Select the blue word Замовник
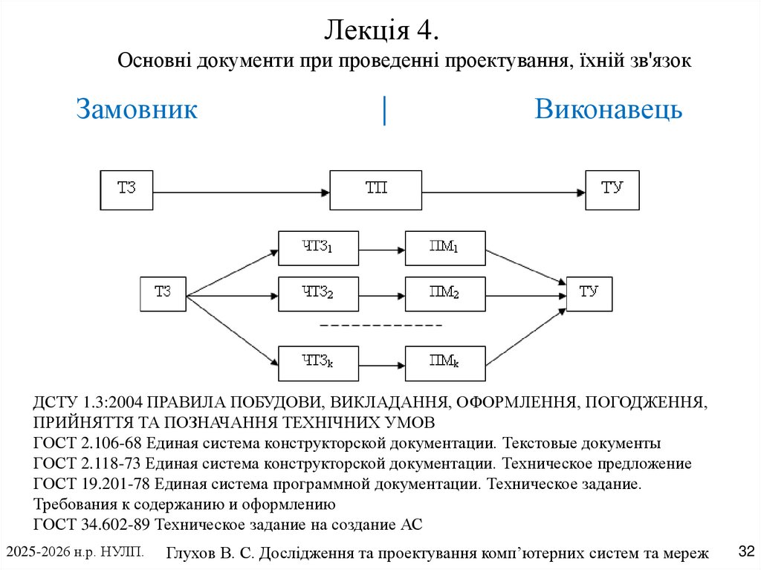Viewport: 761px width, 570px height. pos(137,109)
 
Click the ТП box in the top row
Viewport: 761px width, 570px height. pos(375,190)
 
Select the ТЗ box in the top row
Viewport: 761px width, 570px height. pos(126,190)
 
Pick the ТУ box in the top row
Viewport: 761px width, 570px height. pos(612,190)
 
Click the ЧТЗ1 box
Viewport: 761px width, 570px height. pos(318,248)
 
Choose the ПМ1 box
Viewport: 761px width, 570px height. pos(444,248)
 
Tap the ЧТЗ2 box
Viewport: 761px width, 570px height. pos(318,294)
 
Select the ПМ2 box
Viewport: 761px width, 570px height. pos(444,294)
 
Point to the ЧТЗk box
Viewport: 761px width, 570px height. pos(318,363)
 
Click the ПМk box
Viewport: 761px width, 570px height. pos(444,363)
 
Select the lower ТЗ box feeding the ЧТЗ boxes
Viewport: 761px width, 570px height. pos(163,294)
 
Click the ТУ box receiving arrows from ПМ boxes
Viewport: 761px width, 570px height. pos(589,294)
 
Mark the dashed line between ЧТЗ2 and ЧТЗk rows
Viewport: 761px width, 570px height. pos(380,326)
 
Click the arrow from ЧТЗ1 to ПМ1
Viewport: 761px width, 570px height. pos(381,248)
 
